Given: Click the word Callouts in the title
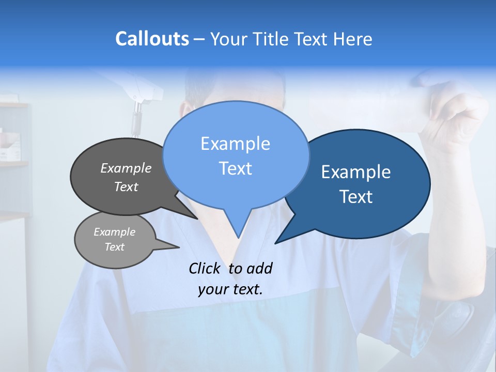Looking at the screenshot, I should click(152, 39).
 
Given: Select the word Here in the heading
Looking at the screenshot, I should click(353, 39).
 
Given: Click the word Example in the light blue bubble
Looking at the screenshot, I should click(235, 144).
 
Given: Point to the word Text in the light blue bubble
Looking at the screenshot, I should click(235, 168).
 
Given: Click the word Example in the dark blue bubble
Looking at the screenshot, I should click(356, 172).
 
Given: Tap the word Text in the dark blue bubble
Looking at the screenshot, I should click(357, 197).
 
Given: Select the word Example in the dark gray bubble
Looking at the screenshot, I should click(126, 168).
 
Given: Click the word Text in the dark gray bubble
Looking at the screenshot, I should click(126, 187).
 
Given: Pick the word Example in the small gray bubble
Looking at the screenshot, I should click(115, 232).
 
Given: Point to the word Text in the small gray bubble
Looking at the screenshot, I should click(115, 247).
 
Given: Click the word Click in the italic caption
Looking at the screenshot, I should click(205, 268).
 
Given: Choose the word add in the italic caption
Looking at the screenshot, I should click(259, 268).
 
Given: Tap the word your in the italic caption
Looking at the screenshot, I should click(212, 289).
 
